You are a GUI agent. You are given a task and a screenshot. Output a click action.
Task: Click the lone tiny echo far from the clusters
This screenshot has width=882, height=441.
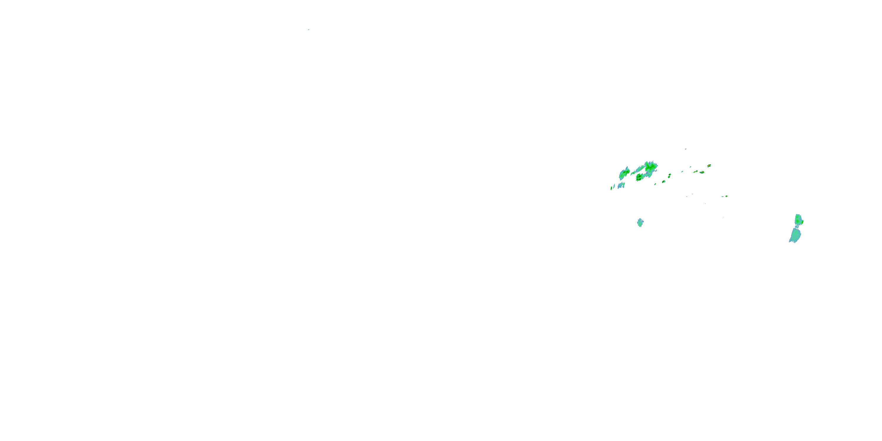[308, 30]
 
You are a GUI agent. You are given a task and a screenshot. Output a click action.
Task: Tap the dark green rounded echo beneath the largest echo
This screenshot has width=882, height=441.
[639, 177]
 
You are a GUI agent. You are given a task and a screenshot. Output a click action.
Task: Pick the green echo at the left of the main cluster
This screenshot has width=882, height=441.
[625, 173]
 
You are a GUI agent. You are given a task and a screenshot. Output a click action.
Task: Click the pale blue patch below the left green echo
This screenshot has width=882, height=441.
[622, 185]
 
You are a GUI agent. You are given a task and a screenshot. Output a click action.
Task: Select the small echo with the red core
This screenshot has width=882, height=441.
[709, 166]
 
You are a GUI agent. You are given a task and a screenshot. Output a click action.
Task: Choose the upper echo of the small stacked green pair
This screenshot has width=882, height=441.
[670, 174]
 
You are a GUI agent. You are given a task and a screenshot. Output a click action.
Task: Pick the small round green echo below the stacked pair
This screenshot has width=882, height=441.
[664, 181]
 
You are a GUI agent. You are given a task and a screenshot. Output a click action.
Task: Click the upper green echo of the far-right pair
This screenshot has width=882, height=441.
[799, 219]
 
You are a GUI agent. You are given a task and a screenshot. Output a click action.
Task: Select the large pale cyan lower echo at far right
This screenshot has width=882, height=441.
[795, 235]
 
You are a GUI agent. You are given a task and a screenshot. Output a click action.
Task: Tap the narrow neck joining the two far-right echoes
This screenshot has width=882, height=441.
[797, 227]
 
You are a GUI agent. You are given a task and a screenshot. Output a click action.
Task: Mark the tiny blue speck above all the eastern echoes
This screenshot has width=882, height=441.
[686, 149]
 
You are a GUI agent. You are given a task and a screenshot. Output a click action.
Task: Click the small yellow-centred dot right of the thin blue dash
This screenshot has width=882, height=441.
[726, 196]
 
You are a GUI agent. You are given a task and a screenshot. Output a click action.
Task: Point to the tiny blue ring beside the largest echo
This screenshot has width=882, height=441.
[657, 171]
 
